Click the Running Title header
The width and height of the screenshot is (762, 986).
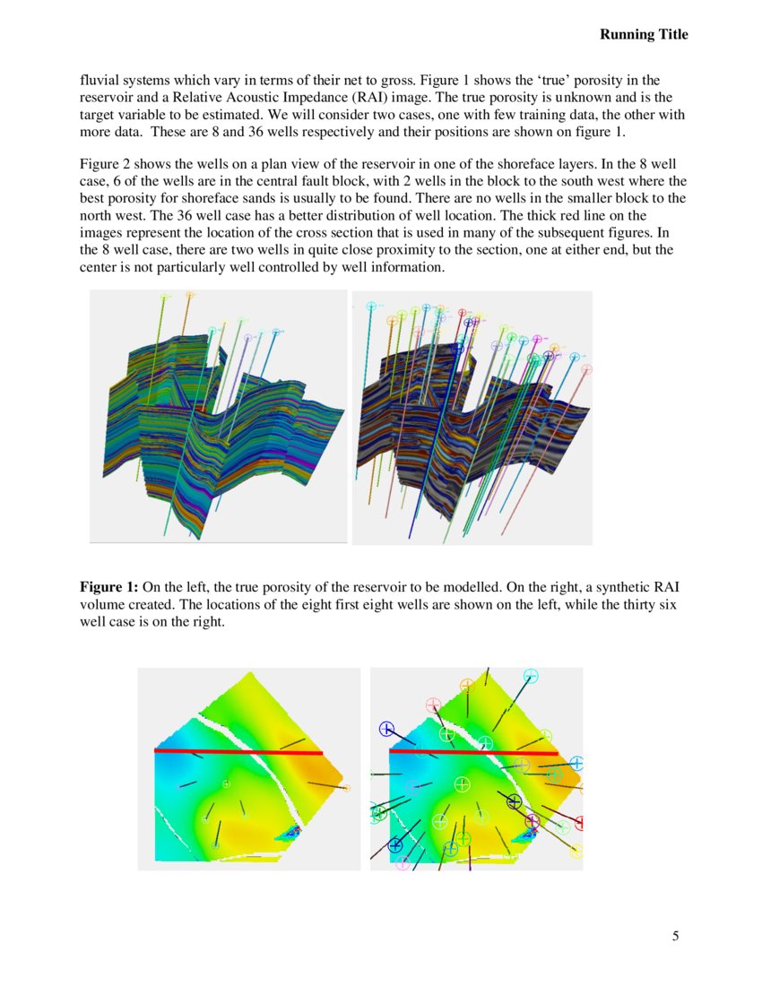644,34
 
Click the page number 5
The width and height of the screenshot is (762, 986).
675,937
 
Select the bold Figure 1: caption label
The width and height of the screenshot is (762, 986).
108,588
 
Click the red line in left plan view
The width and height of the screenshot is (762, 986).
238,752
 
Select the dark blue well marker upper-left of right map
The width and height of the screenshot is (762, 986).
386,729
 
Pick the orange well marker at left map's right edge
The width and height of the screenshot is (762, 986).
347,788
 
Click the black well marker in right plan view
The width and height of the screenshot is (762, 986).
514,800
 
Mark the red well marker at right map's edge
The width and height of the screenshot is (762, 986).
579,823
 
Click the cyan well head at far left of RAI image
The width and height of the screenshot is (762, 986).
371,307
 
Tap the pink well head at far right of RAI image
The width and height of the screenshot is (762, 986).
586,368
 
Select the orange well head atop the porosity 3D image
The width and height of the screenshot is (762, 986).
190,294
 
